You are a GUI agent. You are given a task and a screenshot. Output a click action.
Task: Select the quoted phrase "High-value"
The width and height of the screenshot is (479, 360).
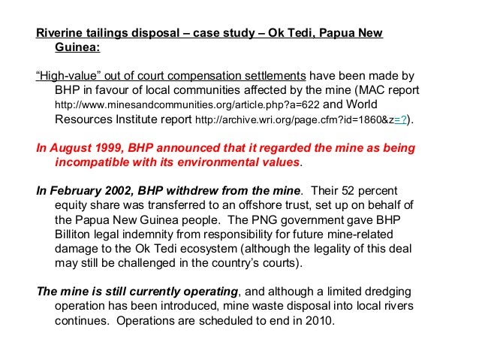click(x=67, y=76)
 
